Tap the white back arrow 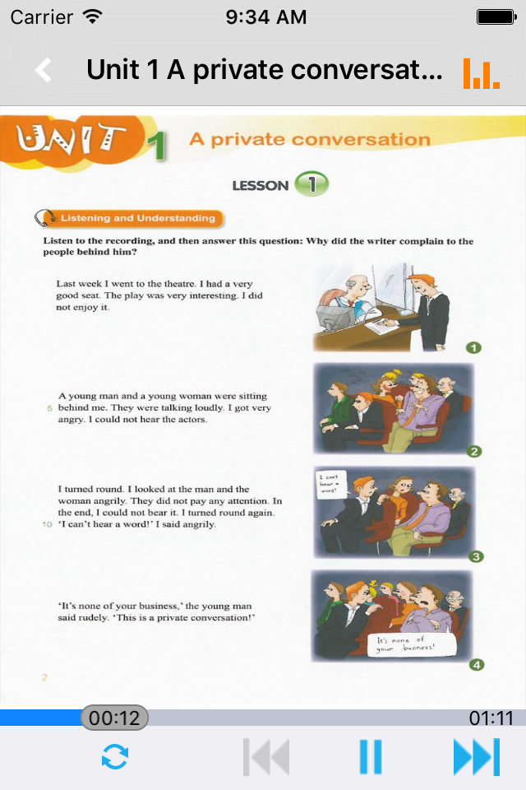[44, 69]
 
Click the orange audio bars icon [481, 73]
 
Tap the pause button [371, 757]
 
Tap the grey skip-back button [266, 757]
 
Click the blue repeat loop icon [115, 757]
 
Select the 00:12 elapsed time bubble [114, 718]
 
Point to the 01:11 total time [491, 718]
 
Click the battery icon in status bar [496, 17]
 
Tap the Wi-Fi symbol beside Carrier [93, 16]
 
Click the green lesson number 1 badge [311, 184]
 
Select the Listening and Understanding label [137, 218]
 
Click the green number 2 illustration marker [473, 451]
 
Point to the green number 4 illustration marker [477, 665]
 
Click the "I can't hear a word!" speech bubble [330, 484]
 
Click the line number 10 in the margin [47, 524]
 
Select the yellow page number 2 [44, 677]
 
